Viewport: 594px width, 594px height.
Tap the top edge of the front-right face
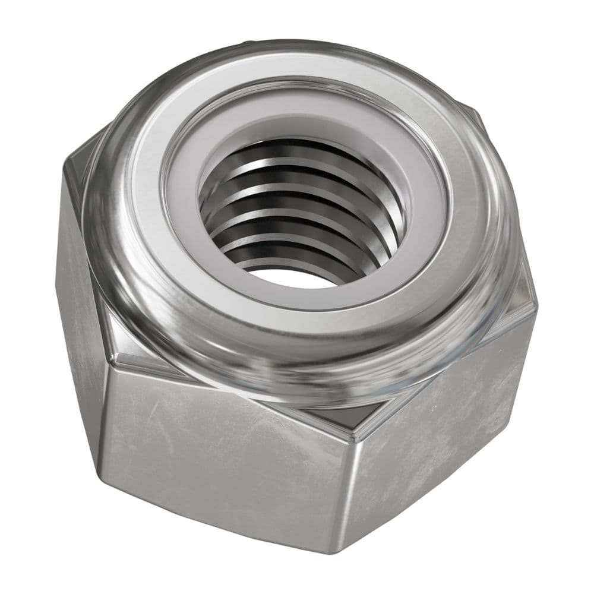pos(445,374)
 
